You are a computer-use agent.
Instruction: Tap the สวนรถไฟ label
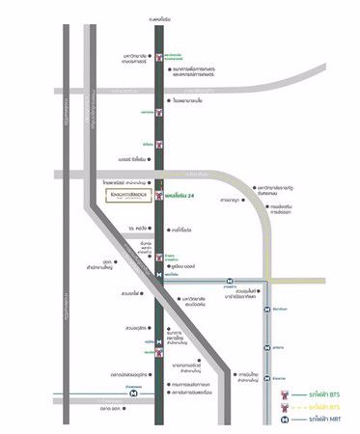pyautogui.click(x=133, y=294)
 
